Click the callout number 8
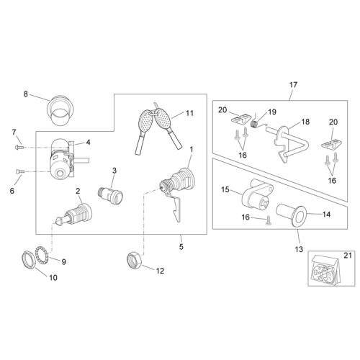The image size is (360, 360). tap(26, 94)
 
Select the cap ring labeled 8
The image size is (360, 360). tap(60, 110)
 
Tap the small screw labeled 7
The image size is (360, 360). tap(19, 146)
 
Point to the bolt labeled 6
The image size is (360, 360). tap(19, 171)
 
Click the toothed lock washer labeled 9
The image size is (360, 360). tap(42, 256)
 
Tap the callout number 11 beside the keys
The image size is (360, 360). tap(189, 113)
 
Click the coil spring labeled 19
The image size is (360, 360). tap(255, 124)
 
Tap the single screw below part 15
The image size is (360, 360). tap(268, 220)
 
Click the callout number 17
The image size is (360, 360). tap(293, 85)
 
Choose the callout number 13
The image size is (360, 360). tap(299, 249)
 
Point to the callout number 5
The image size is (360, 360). tap(181, 246)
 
